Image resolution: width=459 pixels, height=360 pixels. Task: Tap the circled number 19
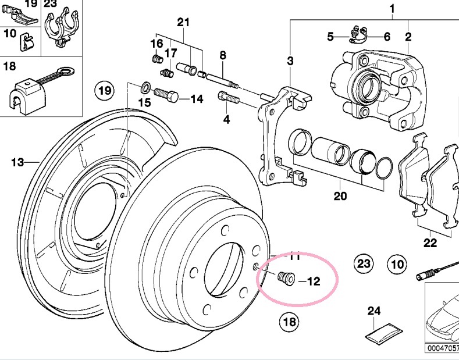click(104, 91)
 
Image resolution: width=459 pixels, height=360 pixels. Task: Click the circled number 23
click(364, 264)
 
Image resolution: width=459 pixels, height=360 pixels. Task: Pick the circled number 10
click(397, 265)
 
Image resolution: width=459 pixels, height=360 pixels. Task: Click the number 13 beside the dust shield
click(18, 162)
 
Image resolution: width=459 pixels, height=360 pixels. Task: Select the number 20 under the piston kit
click(340, 196)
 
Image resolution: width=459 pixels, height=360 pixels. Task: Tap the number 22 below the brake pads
click(430, 243)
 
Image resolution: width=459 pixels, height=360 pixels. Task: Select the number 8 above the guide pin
click(222, 56)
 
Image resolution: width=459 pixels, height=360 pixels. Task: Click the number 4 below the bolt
click(226, 120)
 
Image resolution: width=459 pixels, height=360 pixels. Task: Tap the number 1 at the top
click(392, 9)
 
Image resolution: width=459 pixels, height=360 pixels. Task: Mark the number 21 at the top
click(183, 23)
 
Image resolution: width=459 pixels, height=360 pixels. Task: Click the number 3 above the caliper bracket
click(290, 60)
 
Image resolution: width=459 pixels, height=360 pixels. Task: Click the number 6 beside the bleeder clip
click(386, 37)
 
